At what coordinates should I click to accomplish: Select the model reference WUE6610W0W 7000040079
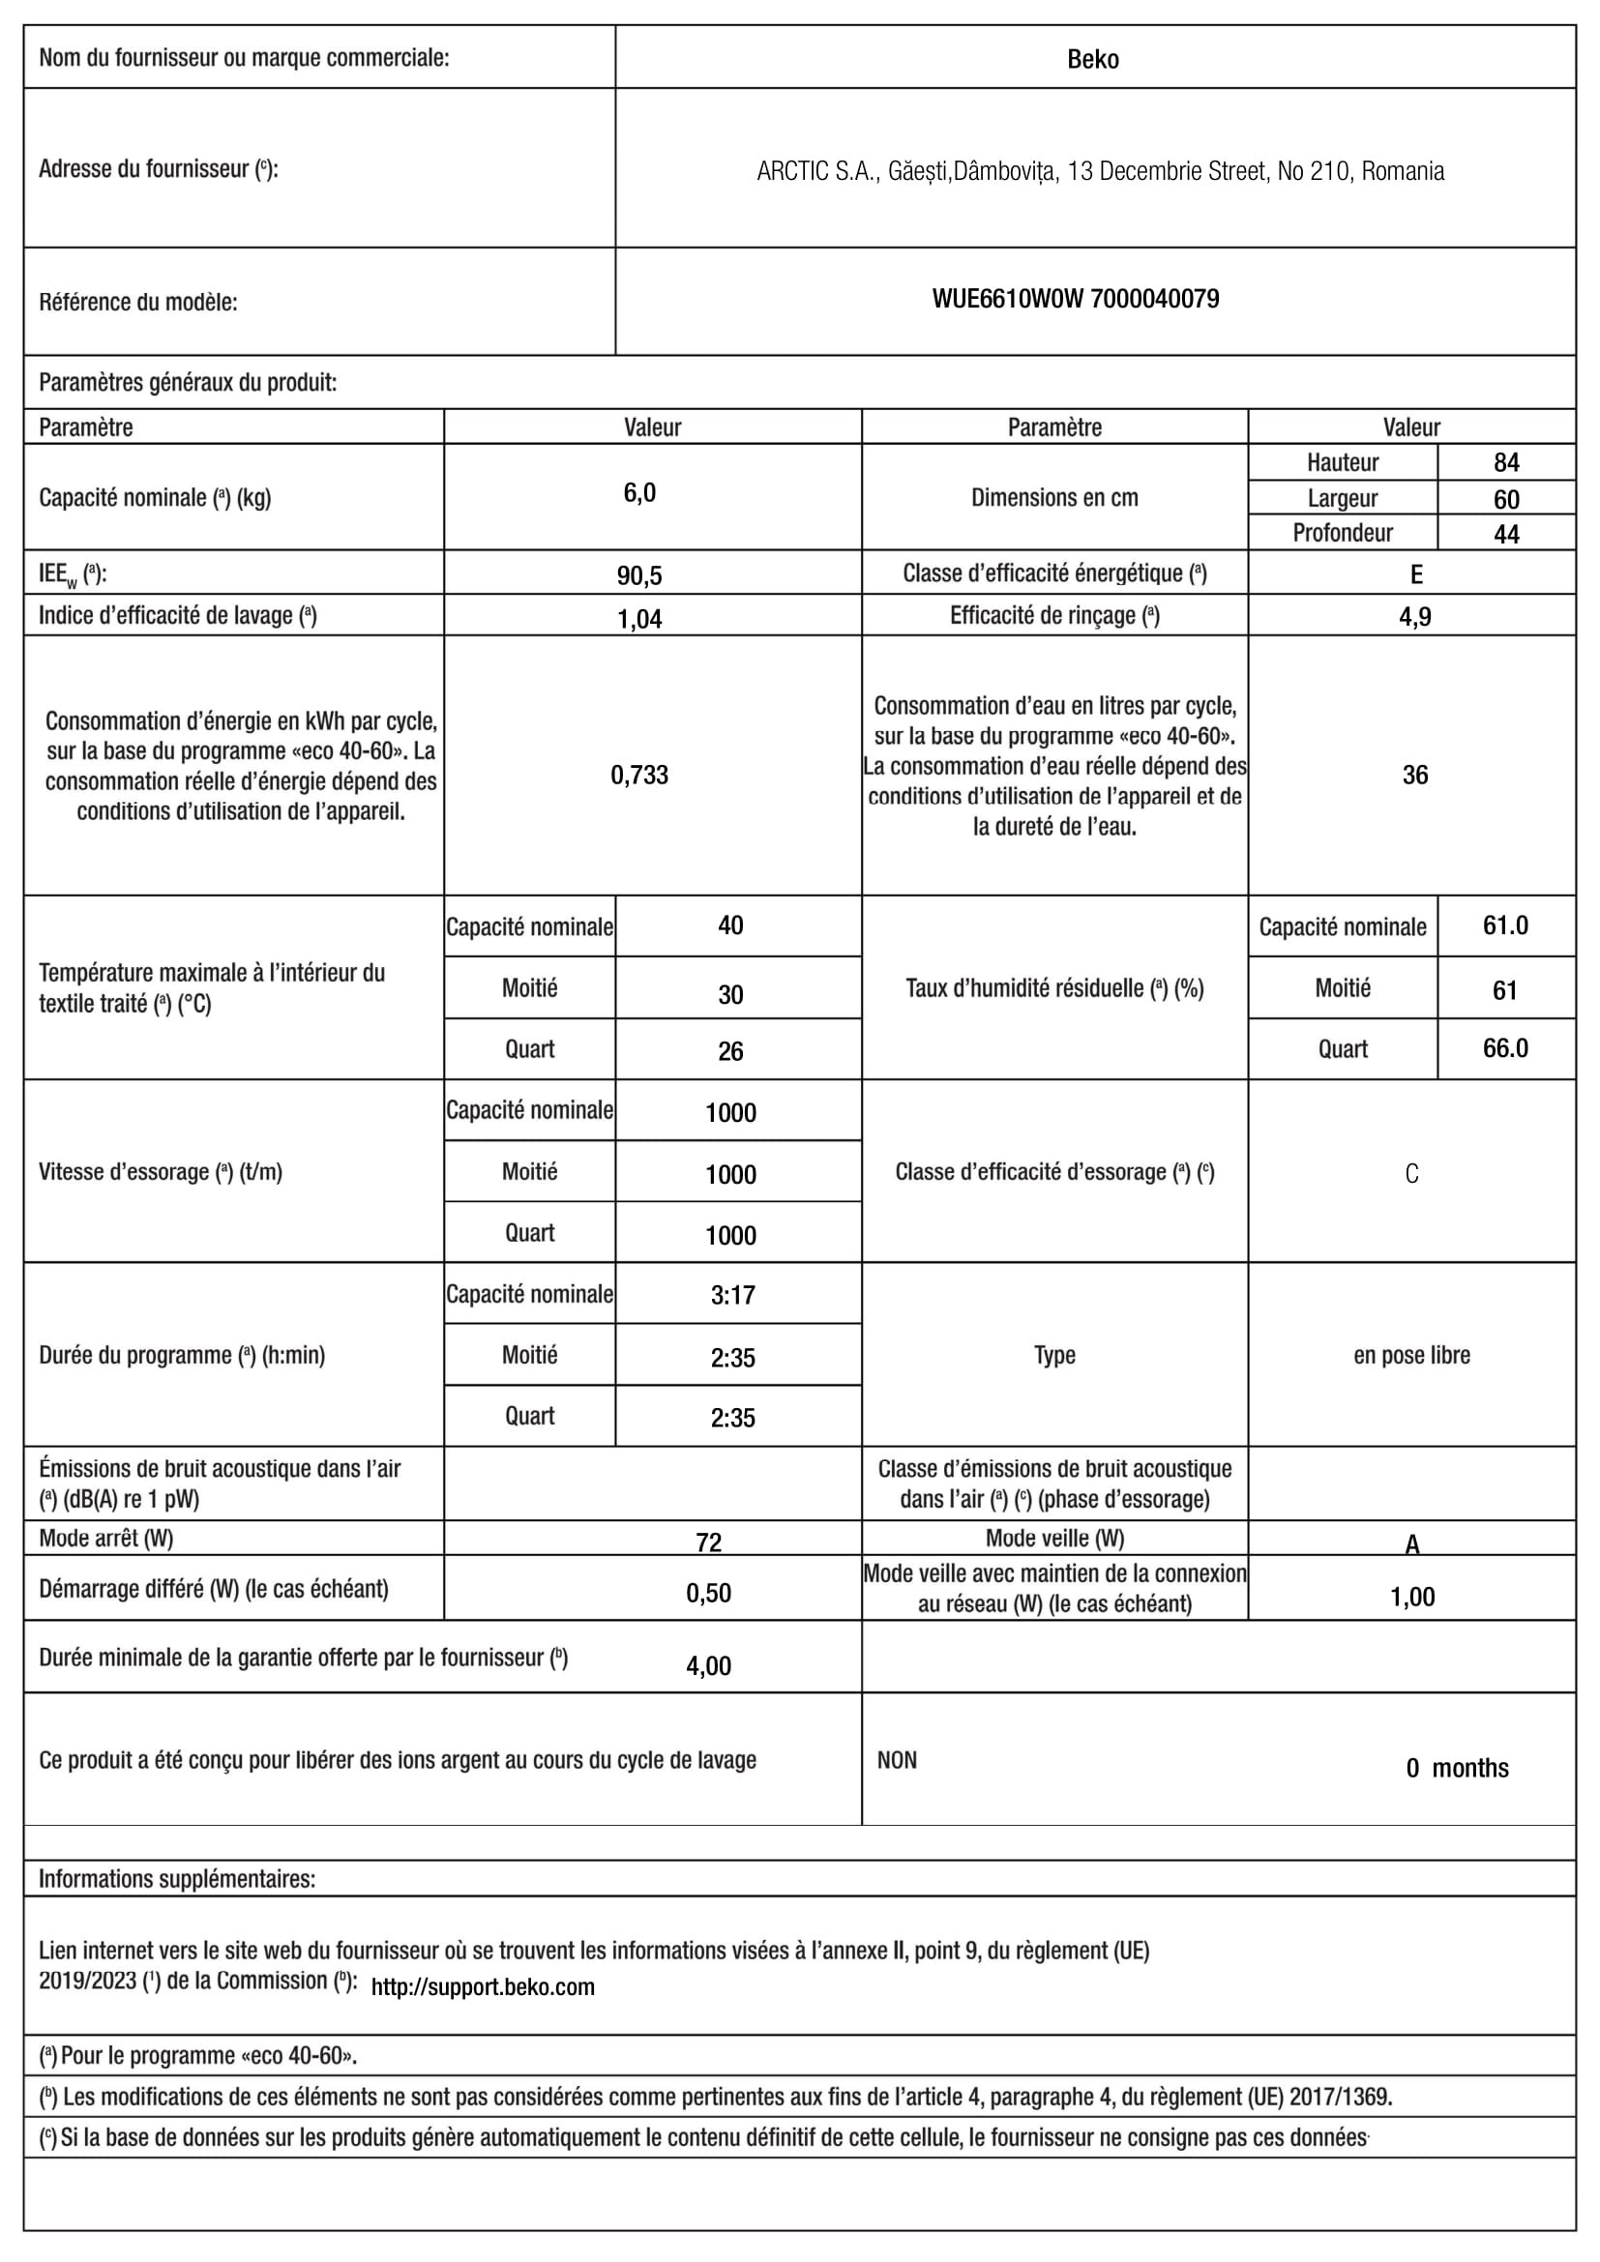click(x=1075, y=299)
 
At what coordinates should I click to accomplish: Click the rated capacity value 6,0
click(x=639, y=493)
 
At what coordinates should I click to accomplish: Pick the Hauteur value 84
click(x=1506, y=462)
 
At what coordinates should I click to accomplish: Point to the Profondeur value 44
click(x=1506, y=534)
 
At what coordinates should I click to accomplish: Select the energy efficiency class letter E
click(x=1416, y=574)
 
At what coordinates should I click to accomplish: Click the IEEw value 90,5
click(x=639, y=575)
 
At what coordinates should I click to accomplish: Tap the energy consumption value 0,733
click(x=639, y=776)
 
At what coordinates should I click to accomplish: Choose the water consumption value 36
click(x=1415, y=776)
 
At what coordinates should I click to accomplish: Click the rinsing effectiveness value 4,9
click(x=1415, y=617)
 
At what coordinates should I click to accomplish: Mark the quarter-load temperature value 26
click(x=730, y=1051)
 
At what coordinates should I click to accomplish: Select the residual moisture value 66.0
click(x=1505, y=1048)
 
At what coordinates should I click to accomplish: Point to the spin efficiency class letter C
click(x=1411, y=1173)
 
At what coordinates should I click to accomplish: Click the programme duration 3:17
click(x=733, y=1295)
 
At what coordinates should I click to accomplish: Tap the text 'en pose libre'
click(x=1410, y=1356)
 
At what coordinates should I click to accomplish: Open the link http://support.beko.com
click(x=483, y=1987)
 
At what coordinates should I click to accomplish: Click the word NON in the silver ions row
click(x=897, y=1760)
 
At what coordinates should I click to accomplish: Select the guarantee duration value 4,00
click(x=708, y=1666)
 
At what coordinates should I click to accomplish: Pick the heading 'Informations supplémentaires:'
click(x=177, y=1879)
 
